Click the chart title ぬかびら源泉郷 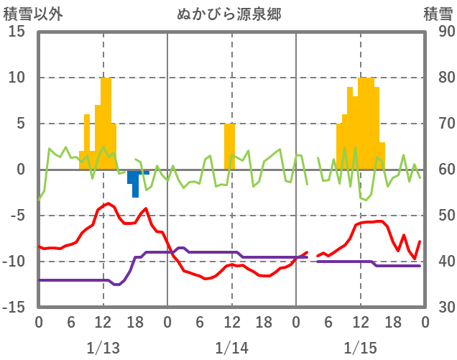230,14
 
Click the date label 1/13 103,349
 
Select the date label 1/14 231,349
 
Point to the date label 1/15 360,349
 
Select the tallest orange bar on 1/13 106,122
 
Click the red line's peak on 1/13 109,203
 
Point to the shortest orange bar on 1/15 382,156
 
